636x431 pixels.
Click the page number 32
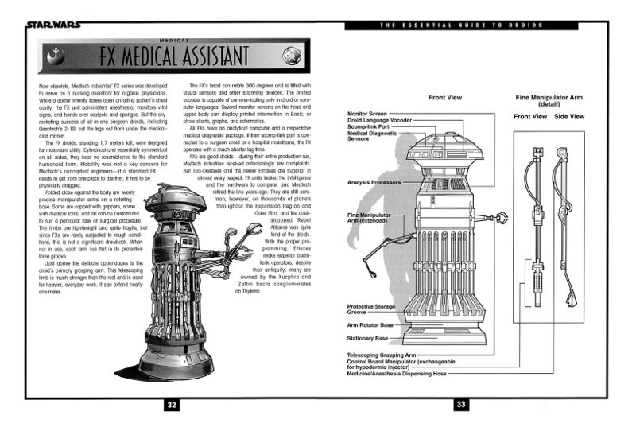point(170,405)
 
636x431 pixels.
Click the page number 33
point(461,405)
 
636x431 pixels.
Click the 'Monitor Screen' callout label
point(367,114)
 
